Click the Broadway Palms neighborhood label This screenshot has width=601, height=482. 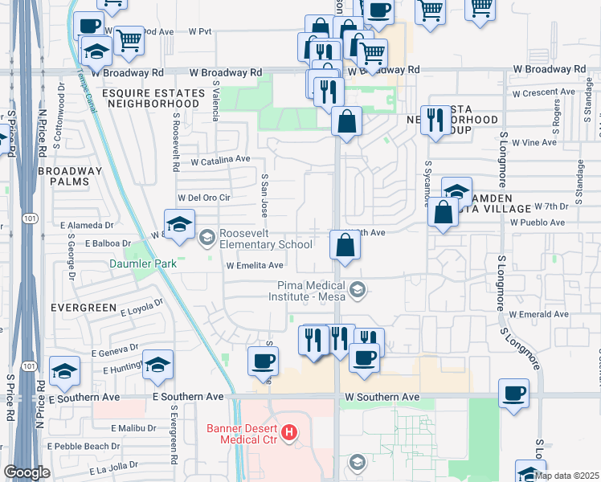pos(71,176)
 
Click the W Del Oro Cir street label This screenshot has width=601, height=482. pos(204,197)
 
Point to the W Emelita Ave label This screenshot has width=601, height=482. pos(255,265)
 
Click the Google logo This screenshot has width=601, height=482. pos(27,472)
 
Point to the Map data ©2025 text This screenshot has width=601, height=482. pos(566,475)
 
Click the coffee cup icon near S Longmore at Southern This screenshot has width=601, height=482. pos(514,393)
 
